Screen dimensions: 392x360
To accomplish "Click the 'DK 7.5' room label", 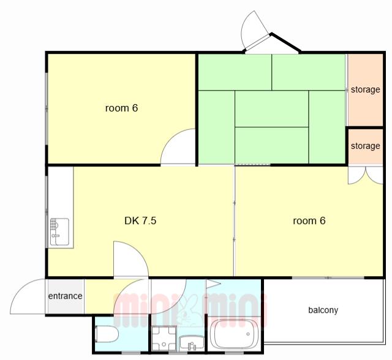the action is (x=140, y=221).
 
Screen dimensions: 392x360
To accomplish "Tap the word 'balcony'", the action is (x=323, y=310).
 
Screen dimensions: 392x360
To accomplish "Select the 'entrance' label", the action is (x=66, y=296).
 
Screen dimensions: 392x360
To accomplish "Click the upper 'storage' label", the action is (x=366, y=89).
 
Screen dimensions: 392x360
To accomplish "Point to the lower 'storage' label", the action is (x=366, y=146).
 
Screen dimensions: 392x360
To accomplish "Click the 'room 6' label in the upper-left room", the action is (x=121, y=108).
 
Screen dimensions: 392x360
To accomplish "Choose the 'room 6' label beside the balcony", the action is (x=309, y=221).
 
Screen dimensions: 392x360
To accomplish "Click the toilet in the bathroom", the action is (x=107, y=334).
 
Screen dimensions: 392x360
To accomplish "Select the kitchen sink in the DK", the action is (x=59, y=231).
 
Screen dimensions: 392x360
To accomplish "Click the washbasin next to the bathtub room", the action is (x=192, y=343).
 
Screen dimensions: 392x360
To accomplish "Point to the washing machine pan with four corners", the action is (x=164, y=338).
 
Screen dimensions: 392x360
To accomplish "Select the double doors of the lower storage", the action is (x=366, y=176).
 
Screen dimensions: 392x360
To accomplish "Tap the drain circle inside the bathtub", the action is (x=248, y=334).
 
